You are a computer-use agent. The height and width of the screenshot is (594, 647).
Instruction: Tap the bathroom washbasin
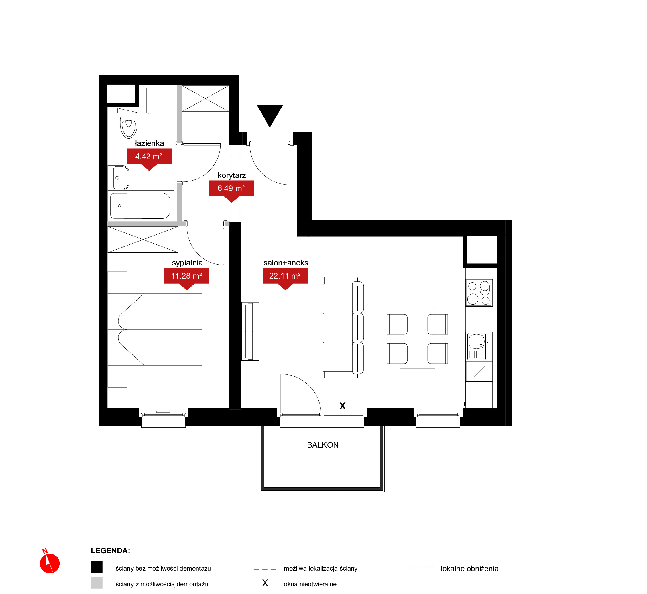[119, 178]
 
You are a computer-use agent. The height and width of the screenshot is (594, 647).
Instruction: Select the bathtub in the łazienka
[141, 206]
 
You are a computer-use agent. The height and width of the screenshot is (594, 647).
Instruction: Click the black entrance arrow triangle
[270, 114]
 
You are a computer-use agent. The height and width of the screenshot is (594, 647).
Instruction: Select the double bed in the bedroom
[154, 329]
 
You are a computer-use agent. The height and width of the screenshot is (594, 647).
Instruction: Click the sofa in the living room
[343, 328]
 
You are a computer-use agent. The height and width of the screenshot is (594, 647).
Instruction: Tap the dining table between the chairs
[417, 339]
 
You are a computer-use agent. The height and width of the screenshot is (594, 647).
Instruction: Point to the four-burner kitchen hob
[479, 293]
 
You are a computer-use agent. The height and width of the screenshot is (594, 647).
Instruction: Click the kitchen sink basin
[477, 341]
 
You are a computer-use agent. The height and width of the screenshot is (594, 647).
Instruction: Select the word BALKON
[323, 445]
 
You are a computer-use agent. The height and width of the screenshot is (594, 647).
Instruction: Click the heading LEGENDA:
[111, 551]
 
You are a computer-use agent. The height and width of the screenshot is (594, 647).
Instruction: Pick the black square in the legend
[97, 567]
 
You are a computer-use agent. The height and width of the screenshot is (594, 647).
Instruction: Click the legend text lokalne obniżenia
[469, 569]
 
